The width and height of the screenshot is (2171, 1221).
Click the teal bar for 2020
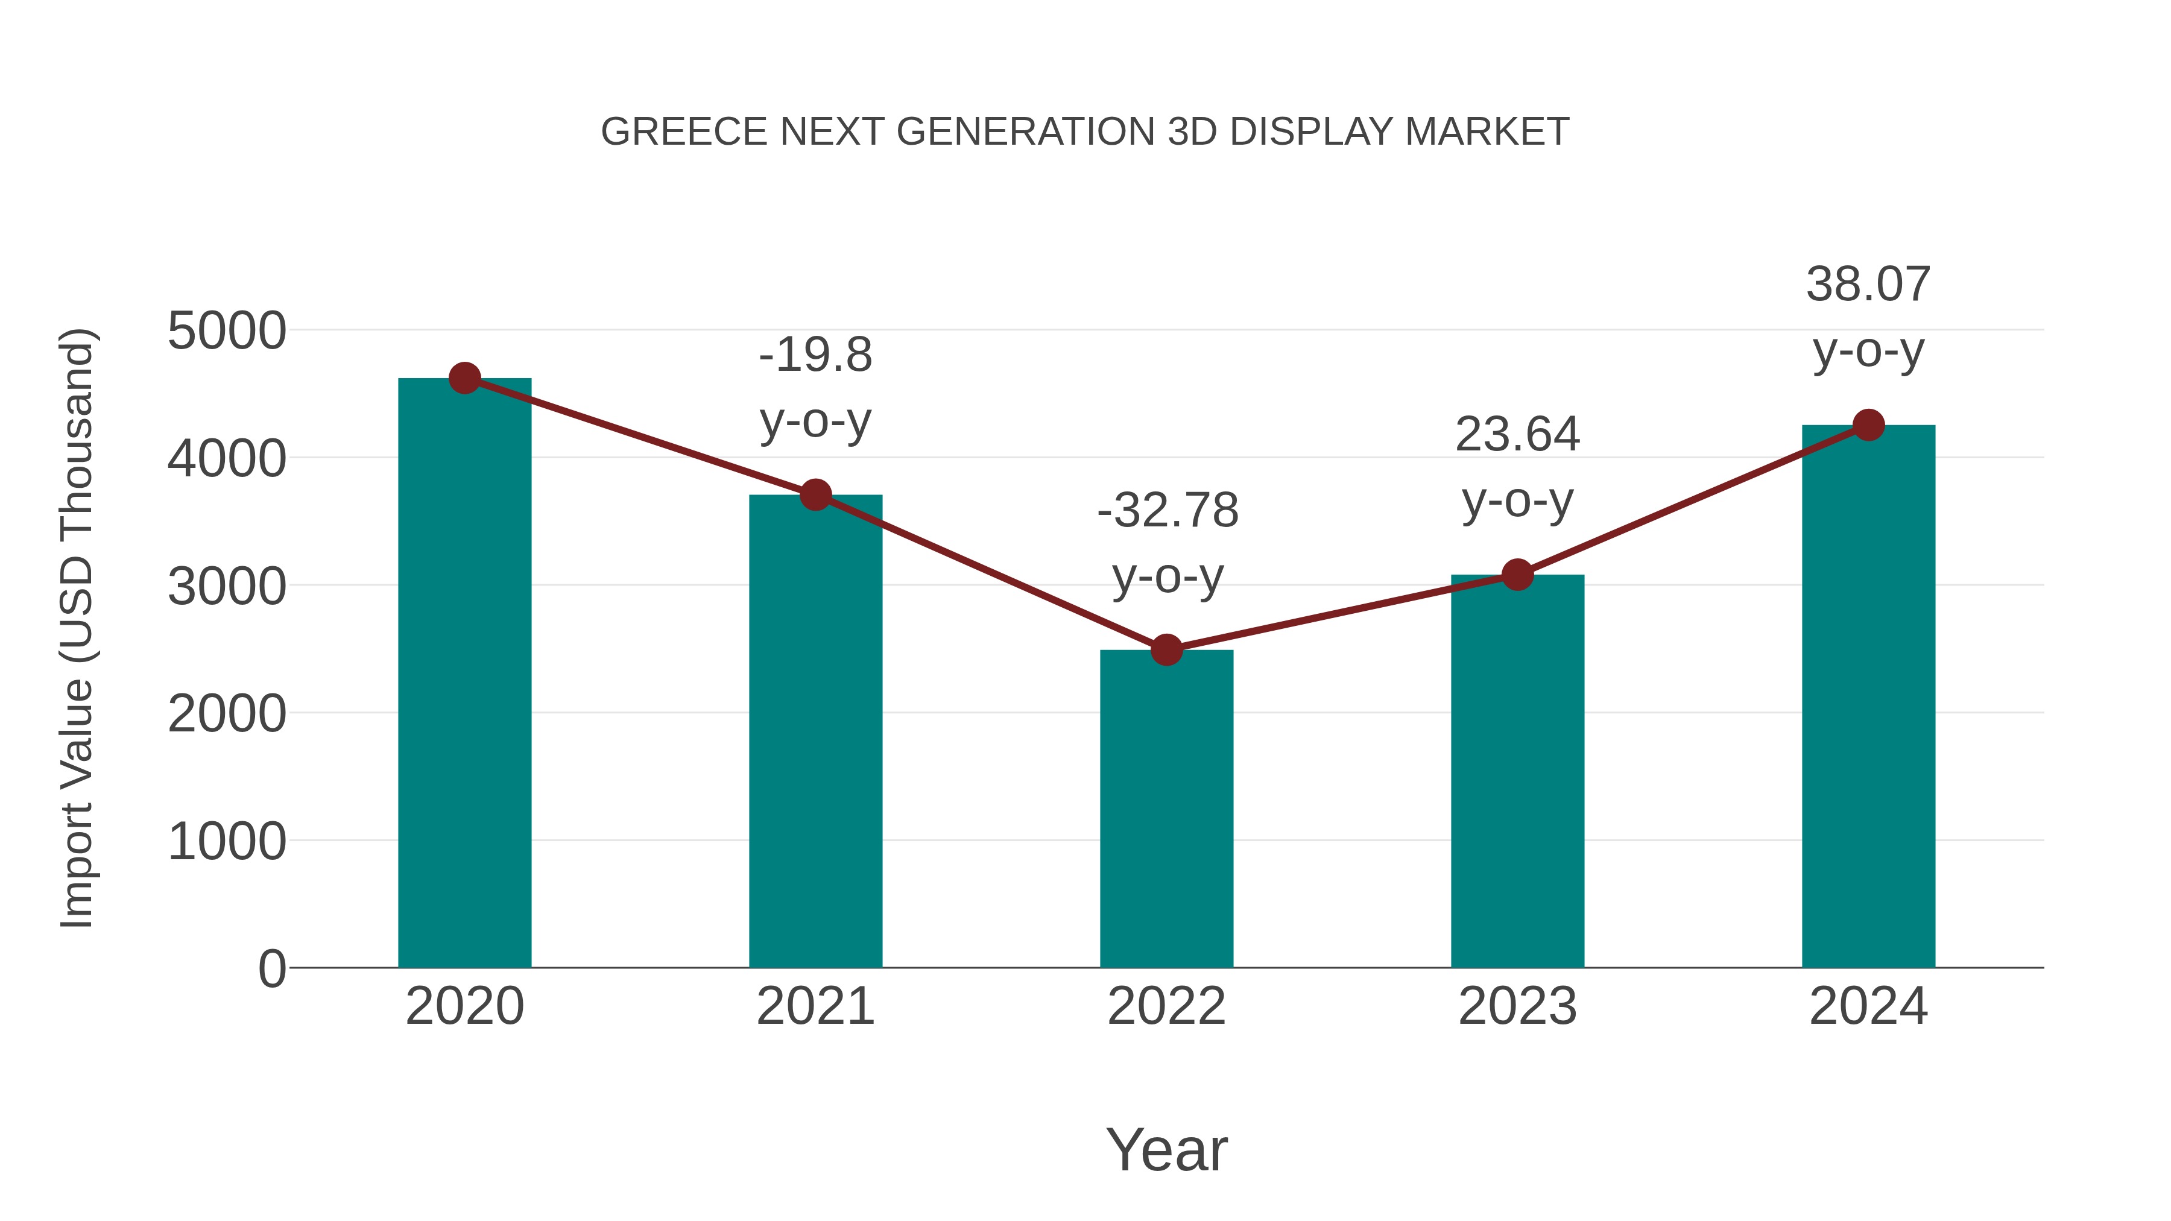464,674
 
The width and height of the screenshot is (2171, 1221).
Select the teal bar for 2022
1166,809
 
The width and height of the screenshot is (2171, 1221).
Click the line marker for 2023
1517,575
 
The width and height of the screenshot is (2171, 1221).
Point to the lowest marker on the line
1166,649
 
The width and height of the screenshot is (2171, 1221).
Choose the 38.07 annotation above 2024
1868,285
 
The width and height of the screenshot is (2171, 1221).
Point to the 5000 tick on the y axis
227,331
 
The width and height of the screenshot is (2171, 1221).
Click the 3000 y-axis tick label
227,587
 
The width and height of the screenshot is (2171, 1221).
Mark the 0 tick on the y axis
271,968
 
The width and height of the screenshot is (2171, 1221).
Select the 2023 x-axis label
1517,1006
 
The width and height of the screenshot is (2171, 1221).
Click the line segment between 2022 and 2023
1342,612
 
